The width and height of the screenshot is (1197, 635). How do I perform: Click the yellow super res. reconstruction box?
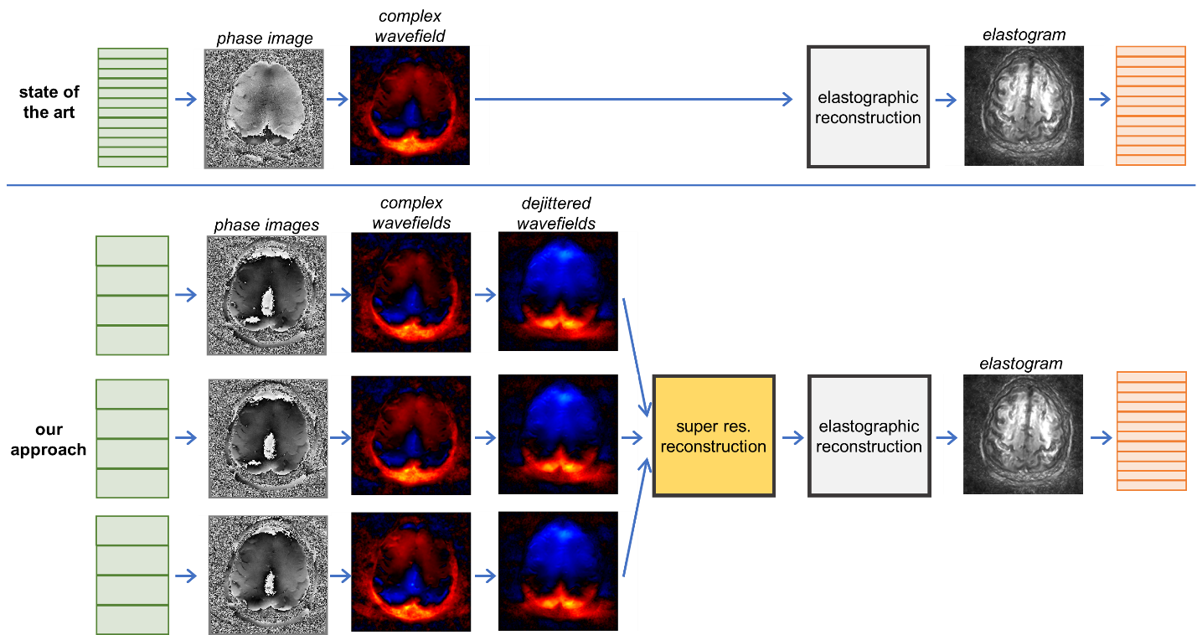[714, 436]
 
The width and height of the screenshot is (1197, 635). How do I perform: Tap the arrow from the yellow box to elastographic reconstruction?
[792, 437]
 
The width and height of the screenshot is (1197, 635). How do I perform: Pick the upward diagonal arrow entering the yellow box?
[635, 519]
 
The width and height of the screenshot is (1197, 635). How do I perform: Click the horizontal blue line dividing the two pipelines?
[601, 186]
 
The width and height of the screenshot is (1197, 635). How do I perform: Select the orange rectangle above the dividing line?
[1150, 106]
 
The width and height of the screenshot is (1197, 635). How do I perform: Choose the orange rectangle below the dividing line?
[1151, 431]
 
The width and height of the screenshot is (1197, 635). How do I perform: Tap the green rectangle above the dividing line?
[132, 107]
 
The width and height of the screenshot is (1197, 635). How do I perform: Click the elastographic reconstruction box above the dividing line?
[868, 107]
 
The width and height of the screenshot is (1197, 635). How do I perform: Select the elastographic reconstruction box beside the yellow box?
[869, 436]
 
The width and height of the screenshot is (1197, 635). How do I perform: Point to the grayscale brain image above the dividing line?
[1024, 105]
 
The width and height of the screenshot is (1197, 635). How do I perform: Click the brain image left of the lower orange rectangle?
[1023, 433]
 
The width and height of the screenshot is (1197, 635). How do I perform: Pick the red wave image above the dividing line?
[410, 105]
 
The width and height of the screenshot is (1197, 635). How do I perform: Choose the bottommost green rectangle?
[132, 575]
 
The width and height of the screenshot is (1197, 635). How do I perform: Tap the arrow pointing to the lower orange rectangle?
[1101, 437]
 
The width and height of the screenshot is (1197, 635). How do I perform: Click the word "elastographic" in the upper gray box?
[868, 98]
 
